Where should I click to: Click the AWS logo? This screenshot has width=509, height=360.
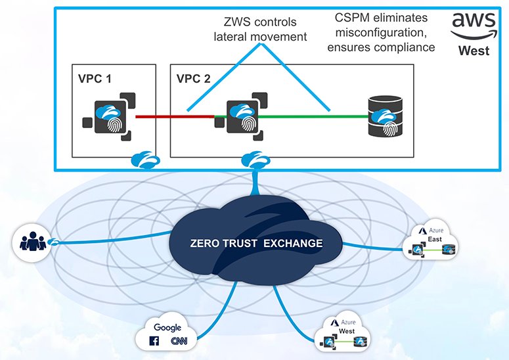(x=470, y=27)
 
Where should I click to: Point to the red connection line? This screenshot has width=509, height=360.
(x=174, y=117)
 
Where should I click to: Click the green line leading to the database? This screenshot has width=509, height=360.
(x=309, y=117)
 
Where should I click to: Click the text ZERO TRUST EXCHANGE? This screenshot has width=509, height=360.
(x=257, y=243)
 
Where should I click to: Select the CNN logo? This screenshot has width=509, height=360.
(x=176, y=341)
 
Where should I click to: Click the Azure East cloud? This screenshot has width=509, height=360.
(x=432, y=242)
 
